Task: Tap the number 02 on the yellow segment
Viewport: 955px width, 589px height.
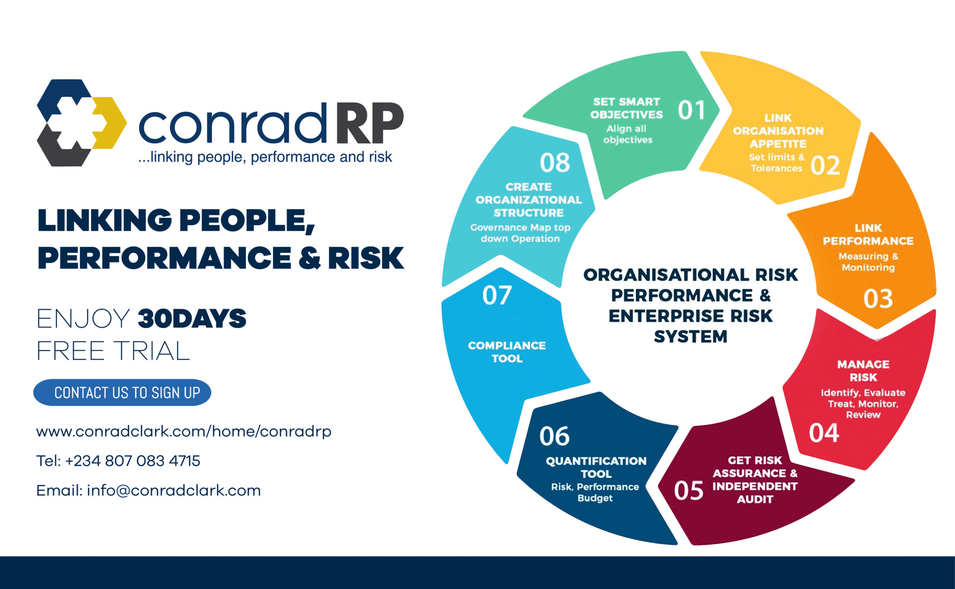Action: tap(825, 165)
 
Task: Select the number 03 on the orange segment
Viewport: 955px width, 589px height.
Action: tap(878, 299)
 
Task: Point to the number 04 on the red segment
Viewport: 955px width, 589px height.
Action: tap(824, 433)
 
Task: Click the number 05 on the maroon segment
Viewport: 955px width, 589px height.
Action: tap(689, 491)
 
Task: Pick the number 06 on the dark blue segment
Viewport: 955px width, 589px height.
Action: tap(554, 436)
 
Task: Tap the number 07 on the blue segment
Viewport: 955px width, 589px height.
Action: tap(497, 295)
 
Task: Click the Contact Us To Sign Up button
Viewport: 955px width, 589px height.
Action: tap(122, 392)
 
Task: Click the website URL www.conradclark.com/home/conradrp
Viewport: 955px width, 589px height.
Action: tap(184, 432)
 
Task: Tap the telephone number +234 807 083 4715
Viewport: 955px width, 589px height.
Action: tap(133, 461)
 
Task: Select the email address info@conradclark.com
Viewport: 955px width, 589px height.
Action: tap(174, 491)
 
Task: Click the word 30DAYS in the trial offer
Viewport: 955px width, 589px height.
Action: tap(192, 318)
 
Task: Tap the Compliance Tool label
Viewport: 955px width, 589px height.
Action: tap(507, 352)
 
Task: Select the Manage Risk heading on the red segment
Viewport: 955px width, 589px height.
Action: tap(864, 370)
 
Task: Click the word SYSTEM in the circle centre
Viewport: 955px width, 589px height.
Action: tap(691, 336)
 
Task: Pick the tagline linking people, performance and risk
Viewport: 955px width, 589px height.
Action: tap(265, 157)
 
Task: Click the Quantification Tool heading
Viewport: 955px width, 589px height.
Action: tap(596, 467)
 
